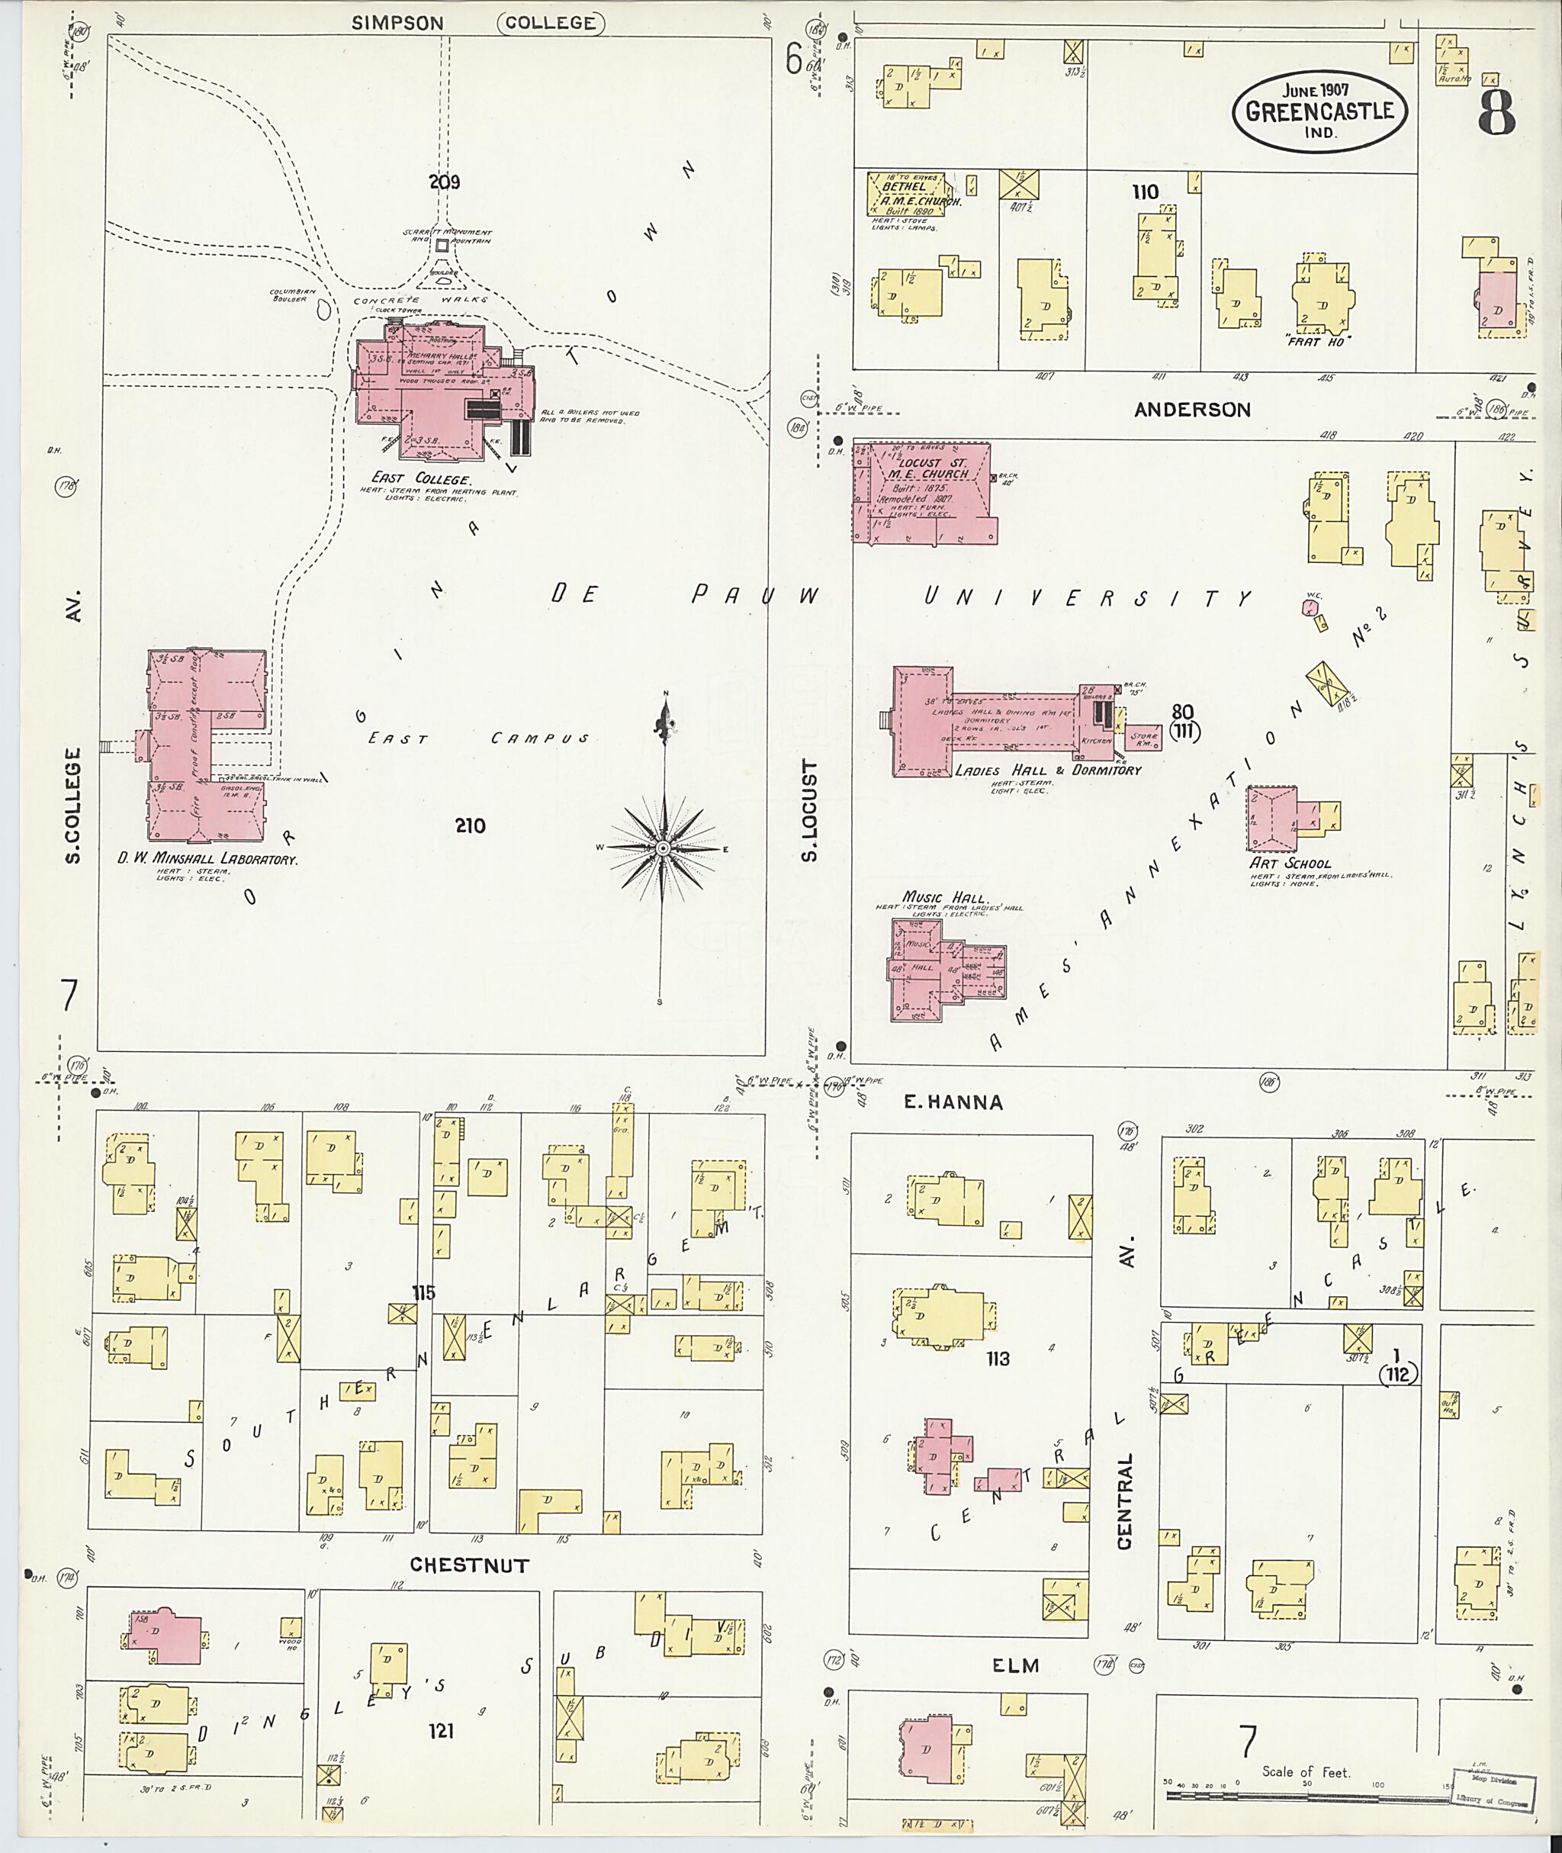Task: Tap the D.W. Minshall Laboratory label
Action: [x=208, y=858]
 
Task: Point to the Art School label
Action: [x=1289, y=863]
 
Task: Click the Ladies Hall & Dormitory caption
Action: [x=1047, y=770]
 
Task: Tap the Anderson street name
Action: [x=1192, y=409]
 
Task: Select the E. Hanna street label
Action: [x=952, y=1103]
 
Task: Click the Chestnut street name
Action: [x=469, y=1565]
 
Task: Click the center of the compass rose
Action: [x=662, y=848]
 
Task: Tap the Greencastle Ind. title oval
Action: [x=1319, y=111]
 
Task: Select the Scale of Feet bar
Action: [x=1306, y=1796]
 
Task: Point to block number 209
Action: [x=445, y=182]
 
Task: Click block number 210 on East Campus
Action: [x=469, y=825]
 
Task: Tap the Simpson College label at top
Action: [x=478, y=23]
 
